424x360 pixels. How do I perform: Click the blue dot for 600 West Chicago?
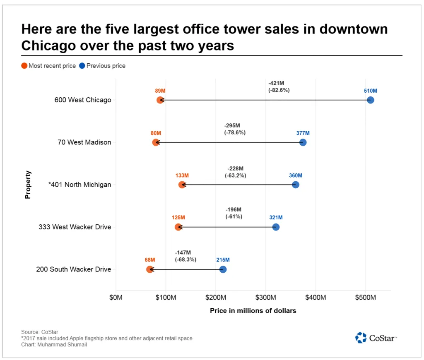pyautogui.click(x=371, y=100)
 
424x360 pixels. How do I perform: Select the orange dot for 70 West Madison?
pyautogui.click(x=156, y=142)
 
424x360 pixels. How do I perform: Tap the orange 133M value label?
pyautogui.click(x=182, y=175)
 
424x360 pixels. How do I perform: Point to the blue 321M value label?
pyautogui.click(x=276, y=218)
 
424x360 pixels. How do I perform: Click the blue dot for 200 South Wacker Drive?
pyautogui.click(x=223, y=269)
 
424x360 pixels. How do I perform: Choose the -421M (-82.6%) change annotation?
pyautogui.click(x=279, y=86)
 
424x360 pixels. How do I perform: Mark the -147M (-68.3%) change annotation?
pyautogui.click(x=185, y=256)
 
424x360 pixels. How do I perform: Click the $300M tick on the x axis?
pyautogui.click(x=266, y=298)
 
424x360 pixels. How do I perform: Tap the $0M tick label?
pyautogui.click(x=116, y=298)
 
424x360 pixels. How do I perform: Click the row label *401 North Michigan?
pyautogui.click(x=79, y=185)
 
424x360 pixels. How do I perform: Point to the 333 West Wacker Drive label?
pyautogui.click(x=75, y=227)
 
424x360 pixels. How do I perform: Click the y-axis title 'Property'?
pyautogui.click(x=28, y=185)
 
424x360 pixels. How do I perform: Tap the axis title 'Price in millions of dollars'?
pyautogui.click(x=253, y=311)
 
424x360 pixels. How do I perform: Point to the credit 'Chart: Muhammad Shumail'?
pyautogui.click(x=54, y=345)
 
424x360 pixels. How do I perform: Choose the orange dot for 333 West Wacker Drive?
pyautogui.click(x=178, y=227)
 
